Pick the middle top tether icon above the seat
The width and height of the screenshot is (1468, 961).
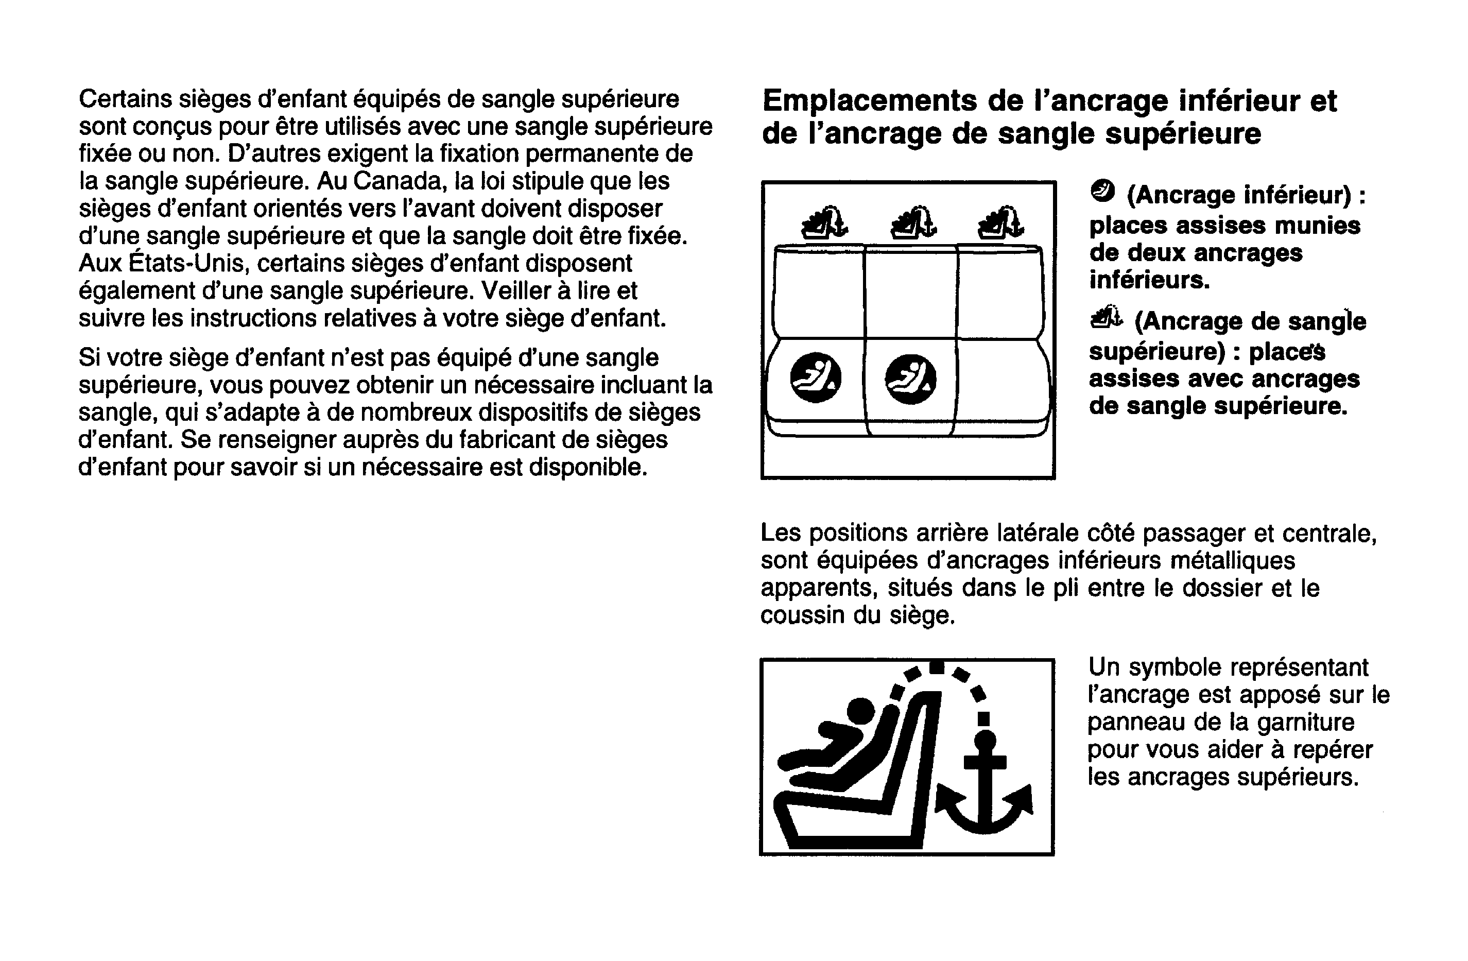tap(913, 222)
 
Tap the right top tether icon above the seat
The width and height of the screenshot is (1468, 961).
tap(1001, 222)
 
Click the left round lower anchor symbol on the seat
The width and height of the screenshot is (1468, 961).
tap(816, 377)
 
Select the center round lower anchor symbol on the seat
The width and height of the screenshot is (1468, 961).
tap(910, 379)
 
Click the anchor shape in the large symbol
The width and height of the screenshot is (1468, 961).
tap(985, 790)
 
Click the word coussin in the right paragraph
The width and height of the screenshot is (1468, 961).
tap(802, 615)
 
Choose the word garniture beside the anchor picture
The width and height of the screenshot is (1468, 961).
tap(1306, 722)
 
